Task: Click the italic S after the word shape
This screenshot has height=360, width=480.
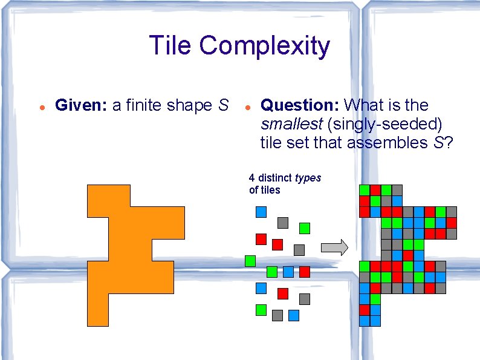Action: tap(223, 105)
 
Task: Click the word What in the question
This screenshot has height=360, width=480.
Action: tap(365, 105)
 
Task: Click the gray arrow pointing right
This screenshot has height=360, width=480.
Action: tap(334, 247)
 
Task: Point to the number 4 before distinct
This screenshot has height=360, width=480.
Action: tap(251, 178)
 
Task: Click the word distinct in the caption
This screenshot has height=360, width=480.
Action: tap(275, 178)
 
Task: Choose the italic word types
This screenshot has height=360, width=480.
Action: tap(308, 178)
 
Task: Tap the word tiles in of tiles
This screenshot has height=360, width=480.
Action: tap(270, 190)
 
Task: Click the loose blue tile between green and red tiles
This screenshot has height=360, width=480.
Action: tap(288, 272)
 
